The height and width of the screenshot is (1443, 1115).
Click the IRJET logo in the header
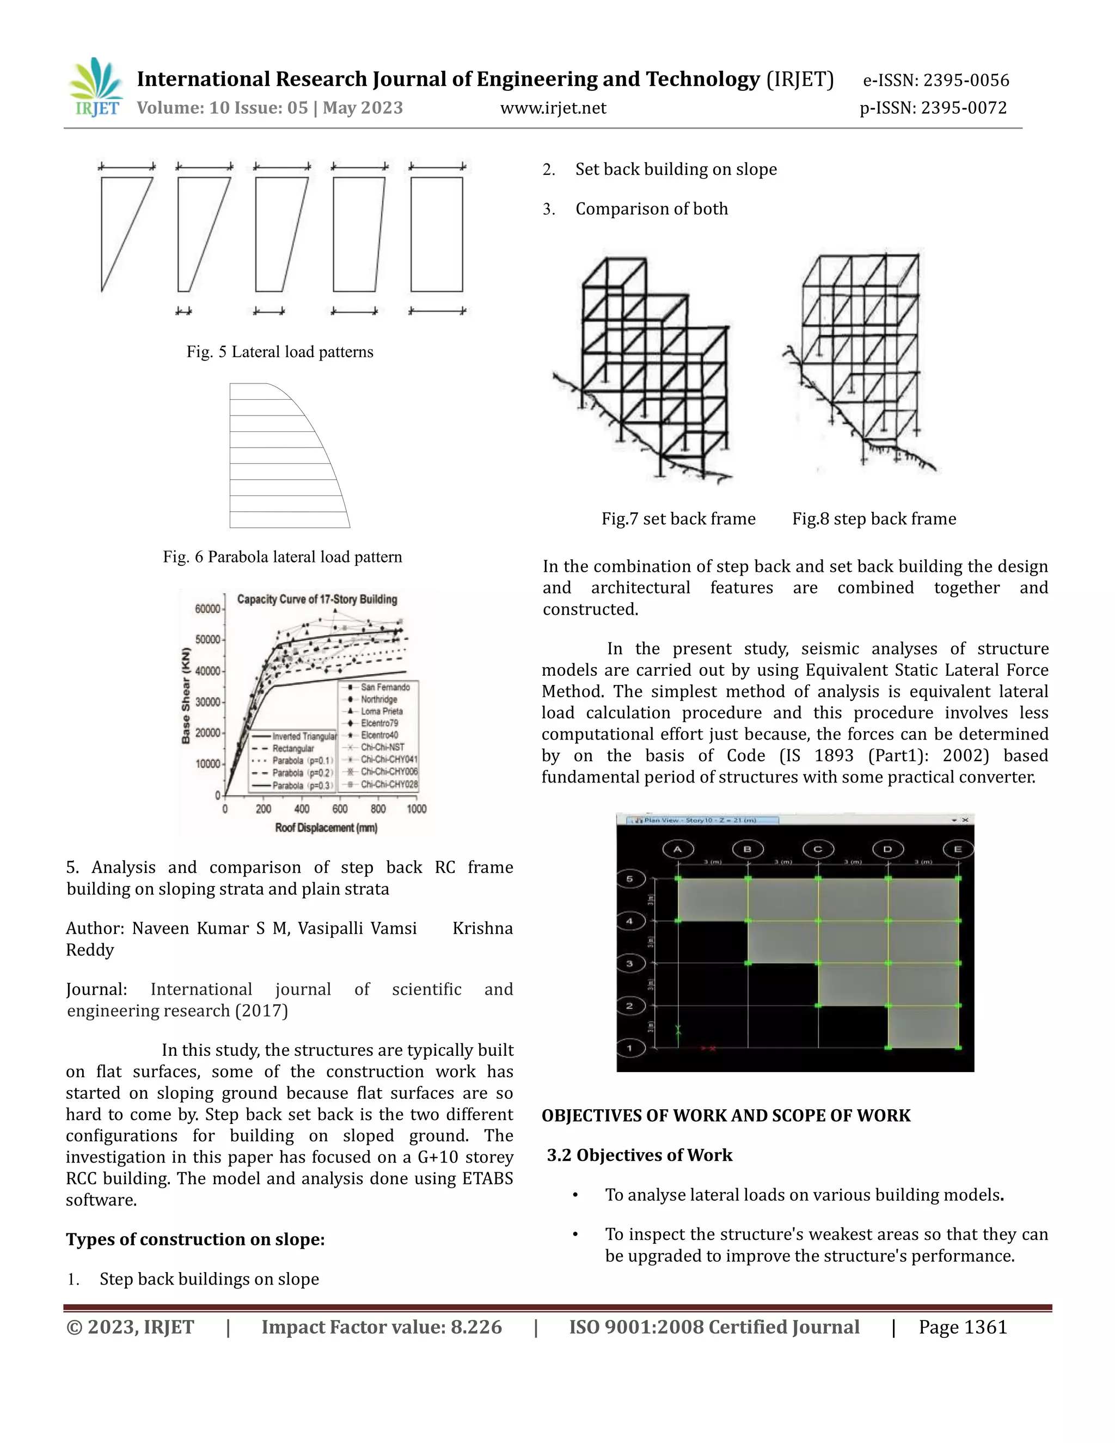click(x=96, y=88)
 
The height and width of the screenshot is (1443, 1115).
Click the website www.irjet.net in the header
click(x=553, y=108)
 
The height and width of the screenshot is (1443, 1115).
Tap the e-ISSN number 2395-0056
click(x=966, y=80)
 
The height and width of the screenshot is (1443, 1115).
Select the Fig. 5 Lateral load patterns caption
click(x=279, y=352)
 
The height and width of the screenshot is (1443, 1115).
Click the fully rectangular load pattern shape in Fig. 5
click(x=437, y=234)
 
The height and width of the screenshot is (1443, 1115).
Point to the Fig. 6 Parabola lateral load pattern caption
click(x=282, y=557)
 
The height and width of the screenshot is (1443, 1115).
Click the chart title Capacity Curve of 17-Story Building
click(x=317, y=600)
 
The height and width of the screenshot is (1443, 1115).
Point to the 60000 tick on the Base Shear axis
click(x=207, y=609)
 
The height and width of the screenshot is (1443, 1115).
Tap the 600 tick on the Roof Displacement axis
click(x=340, y=809)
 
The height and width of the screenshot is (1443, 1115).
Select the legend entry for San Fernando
click(x=384, y=687)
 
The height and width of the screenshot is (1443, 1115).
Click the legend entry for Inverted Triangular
click(x=304, y=736)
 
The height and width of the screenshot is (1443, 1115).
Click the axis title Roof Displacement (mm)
click(x=326, y=828)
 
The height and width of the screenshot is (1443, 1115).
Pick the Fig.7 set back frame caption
click(x=678, y=518)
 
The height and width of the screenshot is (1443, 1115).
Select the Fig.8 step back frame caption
click(x=874, y=518)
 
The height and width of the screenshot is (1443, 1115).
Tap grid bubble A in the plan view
click(x=678, y=849)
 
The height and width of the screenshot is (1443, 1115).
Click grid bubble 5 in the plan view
click(x=629, y=879)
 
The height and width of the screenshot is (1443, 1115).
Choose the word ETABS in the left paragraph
click(x=485, y=1179)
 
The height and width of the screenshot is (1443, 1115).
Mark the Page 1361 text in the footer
click(x=963, y=1328)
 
